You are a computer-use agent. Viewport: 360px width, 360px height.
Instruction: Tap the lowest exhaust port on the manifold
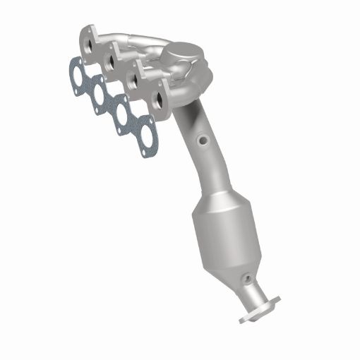click(x=159, y=100)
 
